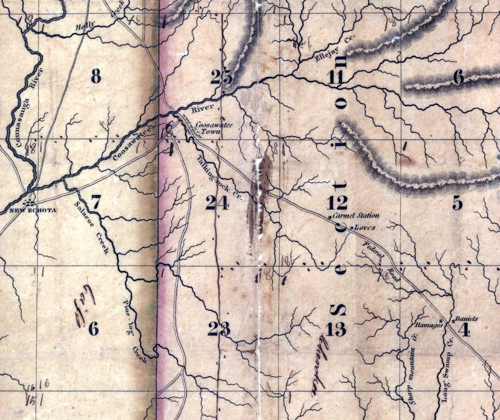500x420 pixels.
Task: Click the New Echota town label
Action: [x=32, y=211]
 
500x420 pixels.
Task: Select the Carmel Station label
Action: [x=356, y=216]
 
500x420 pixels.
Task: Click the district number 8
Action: [x=96, y=76]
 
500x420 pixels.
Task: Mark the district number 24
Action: [x=217, y=203]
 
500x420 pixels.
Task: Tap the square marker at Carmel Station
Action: [x=330, y=217]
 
